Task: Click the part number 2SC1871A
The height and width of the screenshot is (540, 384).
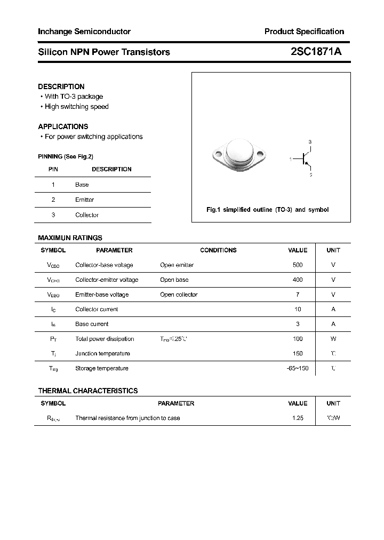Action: pos(316,52)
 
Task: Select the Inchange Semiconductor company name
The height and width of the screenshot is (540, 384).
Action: pos(84,31)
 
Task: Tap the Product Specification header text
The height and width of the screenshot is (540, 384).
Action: pos(304,31)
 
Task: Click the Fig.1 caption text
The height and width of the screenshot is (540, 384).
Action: pos(267,210)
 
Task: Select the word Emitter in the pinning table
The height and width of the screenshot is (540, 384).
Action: pos(84,200)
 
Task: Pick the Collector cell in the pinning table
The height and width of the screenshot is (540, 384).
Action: pos(86,215)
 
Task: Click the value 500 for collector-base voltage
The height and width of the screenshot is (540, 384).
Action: pos(298,265)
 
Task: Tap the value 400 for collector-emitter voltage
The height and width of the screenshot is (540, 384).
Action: pos(298,280)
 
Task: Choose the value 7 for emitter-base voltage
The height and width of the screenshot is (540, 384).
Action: pos(298,295)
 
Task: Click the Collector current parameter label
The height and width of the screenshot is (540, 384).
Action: pos(97,309)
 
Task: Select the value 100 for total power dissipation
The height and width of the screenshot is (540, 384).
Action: pos(298,339)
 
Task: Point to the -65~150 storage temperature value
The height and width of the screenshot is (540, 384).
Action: pos(297,368)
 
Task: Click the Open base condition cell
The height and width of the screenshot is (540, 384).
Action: pos(174,280)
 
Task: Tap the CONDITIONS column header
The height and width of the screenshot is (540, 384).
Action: pos(218,250)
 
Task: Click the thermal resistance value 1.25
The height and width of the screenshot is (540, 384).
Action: pos(298,418)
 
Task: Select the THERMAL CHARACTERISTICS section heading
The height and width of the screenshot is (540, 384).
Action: pos(87,391)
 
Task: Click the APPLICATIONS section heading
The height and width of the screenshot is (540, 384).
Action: pos(63,126)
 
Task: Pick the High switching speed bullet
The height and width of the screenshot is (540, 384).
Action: pos(76,107)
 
